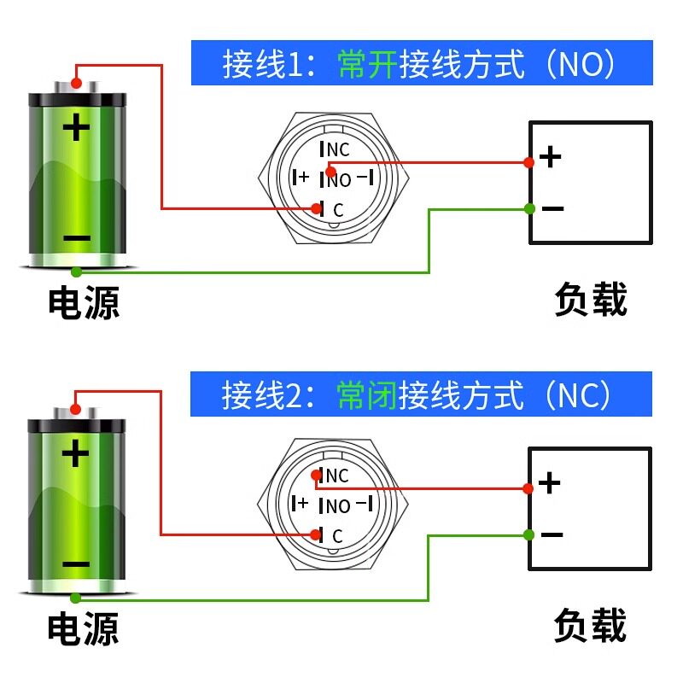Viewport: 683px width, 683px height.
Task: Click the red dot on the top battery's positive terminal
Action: coord(76,83)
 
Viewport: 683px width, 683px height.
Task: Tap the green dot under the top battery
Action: coord(76,272)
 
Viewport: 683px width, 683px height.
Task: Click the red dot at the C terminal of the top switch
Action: coord(317,208)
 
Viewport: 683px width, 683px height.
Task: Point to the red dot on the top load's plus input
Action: coord(528,162)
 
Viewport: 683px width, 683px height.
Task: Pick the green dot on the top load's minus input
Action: coord(529,208)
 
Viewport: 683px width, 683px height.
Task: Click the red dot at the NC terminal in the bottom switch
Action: coord(317,475)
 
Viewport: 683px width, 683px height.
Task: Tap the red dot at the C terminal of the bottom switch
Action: coord(316,534)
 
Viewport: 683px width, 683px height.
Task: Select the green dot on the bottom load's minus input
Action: coord(528,534)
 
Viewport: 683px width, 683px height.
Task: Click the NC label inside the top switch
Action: coord(338,150)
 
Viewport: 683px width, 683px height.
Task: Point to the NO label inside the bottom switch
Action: coord(338,506)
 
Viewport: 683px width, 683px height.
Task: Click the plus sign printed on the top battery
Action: coord(76,126)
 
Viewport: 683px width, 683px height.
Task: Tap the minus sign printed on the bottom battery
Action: coord(76,564)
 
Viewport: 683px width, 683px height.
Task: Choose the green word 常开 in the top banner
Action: coord(367,64)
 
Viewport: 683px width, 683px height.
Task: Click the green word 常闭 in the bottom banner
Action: coord(366,395)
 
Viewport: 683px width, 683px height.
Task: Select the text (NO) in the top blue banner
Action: coord(581,64)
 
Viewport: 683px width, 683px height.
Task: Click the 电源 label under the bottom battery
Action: coord(83,628)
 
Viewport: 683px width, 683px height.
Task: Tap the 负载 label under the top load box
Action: coord(591,299)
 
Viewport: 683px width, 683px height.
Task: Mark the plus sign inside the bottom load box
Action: coord(549,482)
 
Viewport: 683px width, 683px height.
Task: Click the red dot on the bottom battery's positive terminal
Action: coord(75,409)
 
